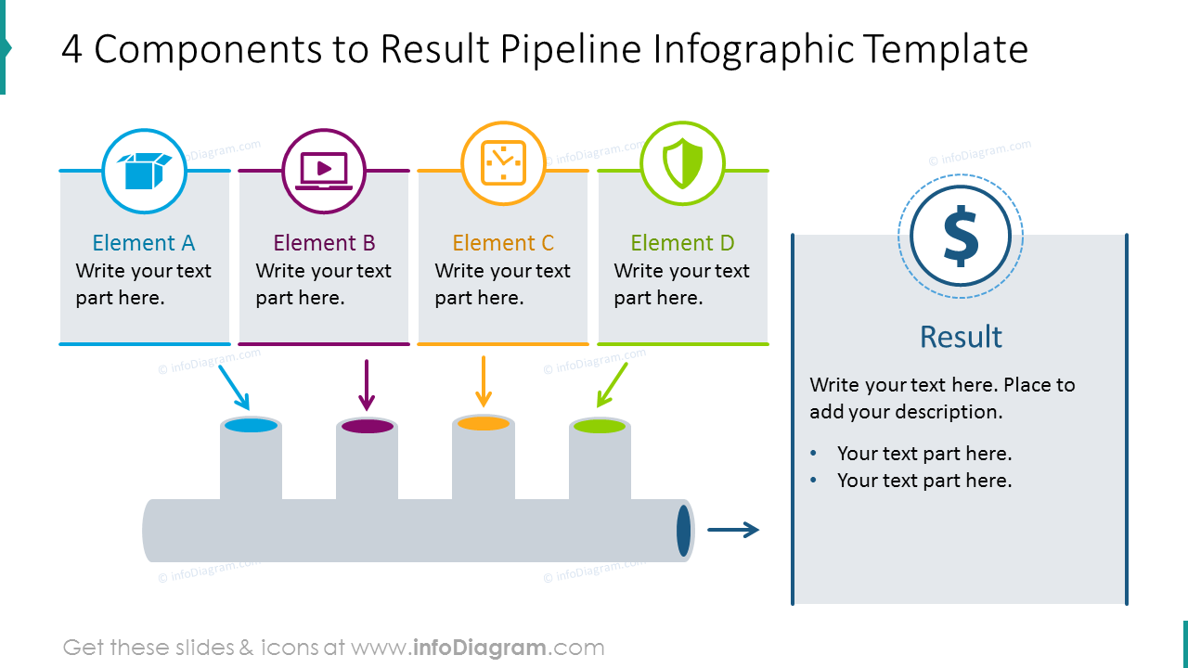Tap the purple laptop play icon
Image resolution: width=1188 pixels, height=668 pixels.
coord(324,171)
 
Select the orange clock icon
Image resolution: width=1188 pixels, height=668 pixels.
coord(503,164)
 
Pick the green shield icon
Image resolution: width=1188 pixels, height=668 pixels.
coord(682,163)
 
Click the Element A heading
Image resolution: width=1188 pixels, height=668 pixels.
coord(144,243)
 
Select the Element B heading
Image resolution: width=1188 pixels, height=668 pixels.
coord(324,243)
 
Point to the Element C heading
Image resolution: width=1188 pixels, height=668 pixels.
coord(503,243)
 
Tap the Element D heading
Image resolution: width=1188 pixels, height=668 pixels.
coord(682,243)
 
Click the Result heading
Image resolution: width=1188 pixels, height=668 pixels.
coord(961,336)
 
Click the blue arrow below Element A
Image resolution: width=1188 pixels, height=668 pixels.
coord(234,386)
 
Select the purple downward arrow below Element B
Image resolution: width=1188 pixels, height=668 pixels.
coord(367,384)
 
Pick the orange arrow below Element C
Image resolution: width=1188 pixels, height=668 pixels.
coord(483,380)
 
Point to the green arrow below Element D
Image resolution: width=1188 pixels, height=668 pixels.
coord(612,384)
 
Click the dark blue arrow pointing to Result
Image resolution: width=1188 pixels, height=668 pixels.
coord(733,530)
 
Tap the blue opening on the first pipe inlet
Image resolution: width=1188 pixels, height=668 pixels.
coord(251,426)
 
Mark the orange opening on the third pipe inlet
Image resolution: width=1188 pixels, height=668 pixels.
coord(484,424)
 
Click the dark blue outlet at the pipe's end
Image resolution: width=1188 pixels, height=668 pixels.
coord(684,530)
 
